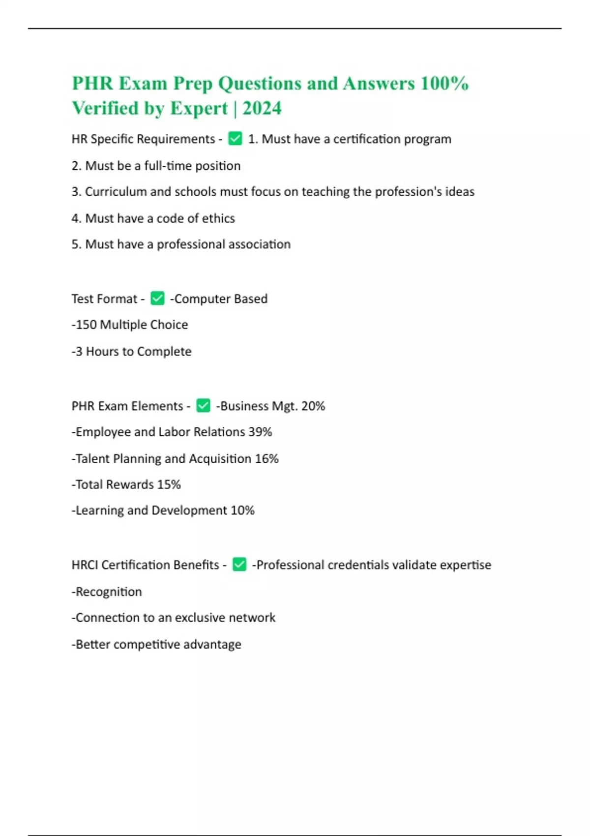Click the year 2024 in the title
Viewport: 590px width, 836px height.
coord(262,108)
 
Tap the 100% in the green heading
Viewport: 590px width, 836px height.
coord(444,83)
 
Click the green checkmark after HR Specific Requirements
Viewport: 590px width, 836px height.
coord(235,139)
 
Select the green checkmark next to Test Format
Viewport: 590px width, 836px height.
coord(157,299)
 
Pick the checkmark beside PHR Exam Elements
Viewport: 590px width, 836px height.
coord(203,406)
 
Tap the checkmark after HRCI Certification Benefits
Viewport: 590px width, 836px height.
coord(239,565)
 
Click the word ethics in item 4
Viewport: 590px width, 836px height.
coord(218,218)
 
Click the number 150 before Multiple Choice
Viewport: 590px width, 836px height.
coord(86,325)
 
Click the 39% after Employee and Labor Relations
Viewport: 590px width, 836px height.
coord(260,432)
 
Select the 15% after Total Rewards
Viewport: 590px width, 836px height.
coord(169,484)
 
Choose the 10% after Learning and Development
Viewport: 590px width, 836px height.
coord(242,510)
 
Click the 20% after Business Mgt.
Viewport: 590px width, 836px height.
coord(313,406)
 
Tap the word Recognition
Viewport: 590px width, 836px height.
coord(109,592)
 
